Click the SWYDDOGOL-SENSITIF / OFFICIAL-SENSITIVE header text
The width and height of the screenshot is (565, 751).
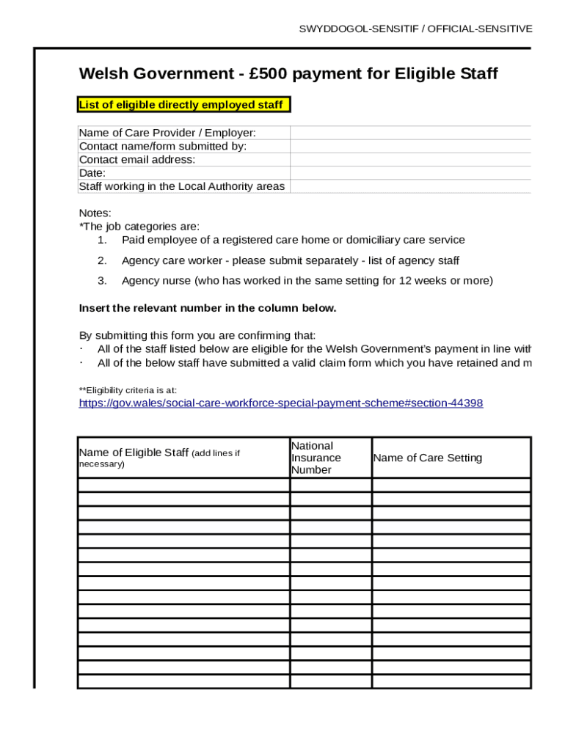415,29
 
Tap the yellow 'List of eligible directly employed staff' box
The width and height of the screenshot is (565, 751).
181,105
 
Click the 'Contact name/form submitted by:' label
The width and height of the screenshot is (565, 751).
163,147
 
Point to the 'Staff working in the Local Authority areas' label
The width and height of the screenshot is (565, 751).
181,186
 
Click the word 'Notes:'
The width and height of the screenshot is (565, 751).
95,213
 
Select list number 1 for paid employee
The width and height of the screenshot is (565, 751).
102,241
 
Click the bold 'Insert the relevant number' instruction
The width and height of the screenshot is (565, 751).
207,308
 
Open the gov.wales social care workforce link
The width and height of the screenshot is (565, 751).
280,403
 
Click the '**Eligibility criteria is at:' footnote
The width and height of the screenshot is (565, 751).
128,390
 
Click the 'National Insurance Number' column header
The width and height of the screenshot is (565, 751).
316,458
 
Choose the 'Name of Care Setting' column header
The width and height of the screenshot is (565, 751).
428,458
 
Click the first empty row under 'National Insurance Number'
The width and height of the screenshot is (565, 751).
330,485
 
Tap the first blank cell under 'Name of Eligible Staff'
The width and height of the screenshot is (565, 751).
183,485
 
